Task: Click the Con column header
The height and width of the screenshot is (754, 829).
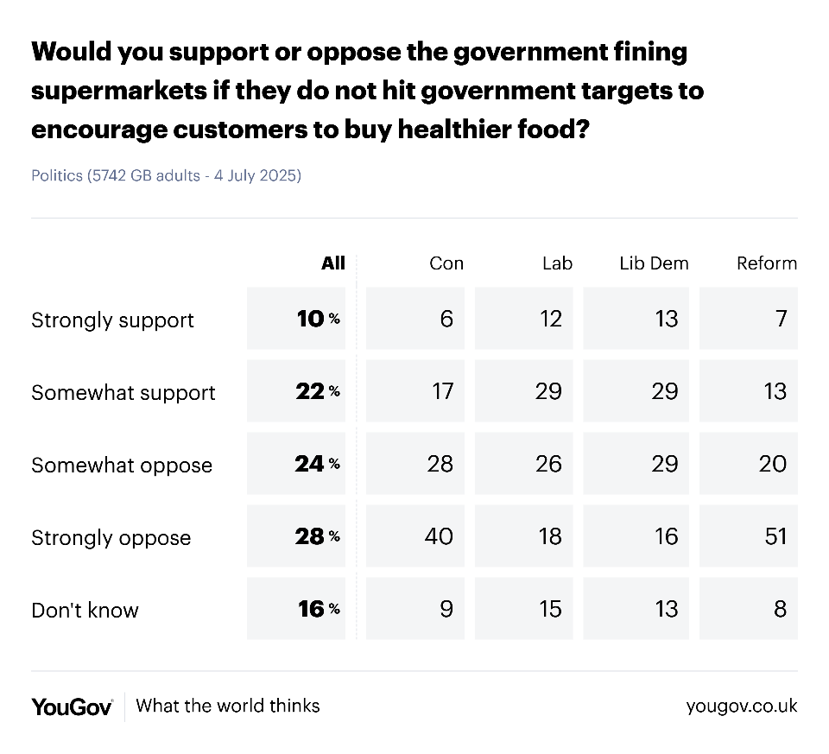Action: (x=446, y=263)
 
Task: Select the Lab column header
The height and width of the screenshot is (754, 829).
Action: (x=557, y=263)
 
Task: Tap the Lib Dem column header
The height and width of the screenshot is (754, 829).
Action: (x=654, y=263)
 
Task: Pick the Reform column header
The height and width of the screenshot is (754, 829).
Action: (x=766, y=263)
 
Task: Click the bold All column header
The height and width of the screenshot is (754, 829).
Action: (x=332, y=263)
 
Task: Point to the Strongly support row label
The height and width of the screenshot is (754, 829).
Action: (x=112, y=320)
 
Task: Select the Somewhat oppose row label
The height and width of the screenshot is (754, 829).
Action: (x=122, y=465)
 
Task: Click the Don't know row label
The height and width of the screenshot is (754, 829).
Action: (x=85, y=610)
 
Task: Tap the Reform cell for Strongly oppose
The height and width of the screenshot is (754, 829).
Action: (x=749, y=536)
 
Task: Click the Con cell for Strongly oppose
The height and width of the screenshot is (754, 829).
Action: (x=415, y=536)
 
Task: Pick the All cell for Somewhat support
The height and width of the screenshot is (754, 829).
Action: (x=296, y=391)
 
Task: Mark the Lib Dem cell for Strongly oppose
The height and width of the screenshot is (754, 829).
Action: (x=638, y=536)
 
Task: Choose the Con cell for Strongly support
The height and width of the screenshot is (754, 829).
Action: (x=415, y=319)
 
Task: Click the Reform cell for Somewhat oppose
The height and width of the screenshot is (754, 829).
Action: (x=749, y=464)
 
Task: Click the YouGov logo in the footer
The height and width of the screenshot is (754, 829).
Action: (x=73, y=706)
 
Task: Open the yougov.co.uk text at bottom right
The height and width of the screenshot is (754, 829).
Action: (x=741, y=706)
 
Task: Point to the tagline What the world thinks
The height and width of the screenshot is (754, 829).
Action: (x=228, y=706)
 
